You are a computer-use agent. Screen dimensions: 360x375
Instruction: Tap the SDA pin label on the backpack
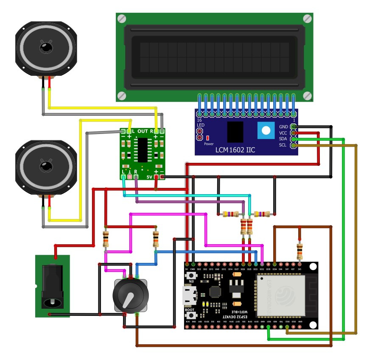point(283,139)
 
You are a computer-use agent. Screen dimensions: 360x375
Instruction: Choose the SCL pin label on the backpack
point(283,145)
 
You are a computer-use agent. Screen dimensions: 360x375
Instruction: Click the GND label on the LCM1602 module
point(283,126)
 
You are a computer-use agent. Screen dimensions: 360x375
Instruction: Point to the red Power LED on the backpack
point(208,138)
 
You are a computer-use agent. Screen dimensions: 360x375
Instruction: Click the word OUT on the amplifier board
point(143,131)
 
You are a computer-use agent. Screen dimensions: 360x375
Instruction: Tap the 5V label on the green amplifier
point(149,176)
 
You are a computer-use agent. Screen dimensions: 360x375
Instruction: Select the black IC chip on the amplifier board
point(143,150)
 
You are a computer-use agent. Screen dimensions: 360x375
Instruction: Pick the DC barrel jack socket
point(52,286)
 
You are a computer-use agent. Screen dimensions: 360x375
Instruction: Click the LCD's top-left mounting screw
point(122,19)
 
